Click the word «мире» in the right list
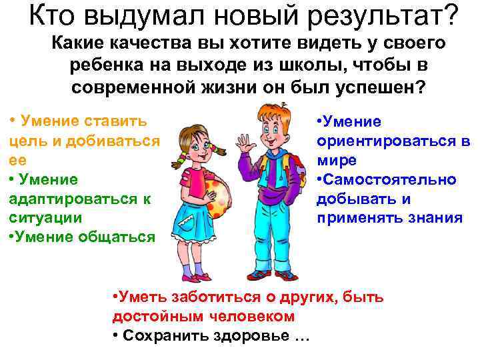[x=337, y=161]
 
